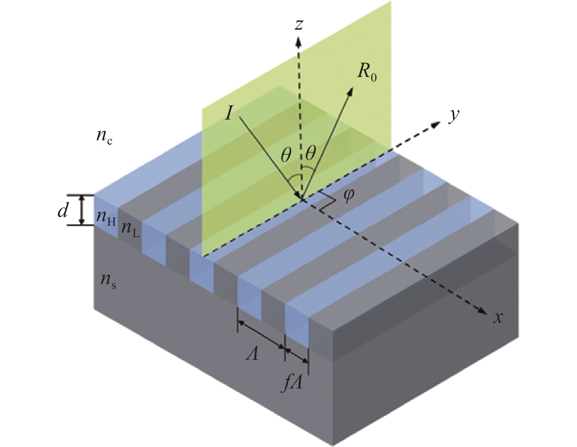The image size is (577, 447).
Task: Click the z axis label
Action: click(x=299, y=25)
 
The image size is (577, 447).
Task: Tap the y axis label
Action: click(x=453, y=116)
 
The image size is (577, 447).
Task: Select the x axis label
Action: click(x=497, y=318)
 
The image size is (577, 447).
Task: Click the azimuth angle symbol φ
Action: click(x=348, y=194)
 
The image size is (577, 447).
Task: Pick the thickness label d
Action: click(x=63, y=211)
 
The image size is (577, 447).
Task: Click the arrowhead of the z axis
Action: click(x=299, y=41)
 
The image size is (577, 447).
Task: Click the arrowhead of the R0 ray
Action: click(x=351, y=90)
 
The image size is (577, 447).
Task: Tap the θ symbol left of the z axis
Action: click(x=286, y=156)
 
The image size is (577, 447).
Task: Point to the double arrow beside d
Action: click(x=82, y=210)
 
